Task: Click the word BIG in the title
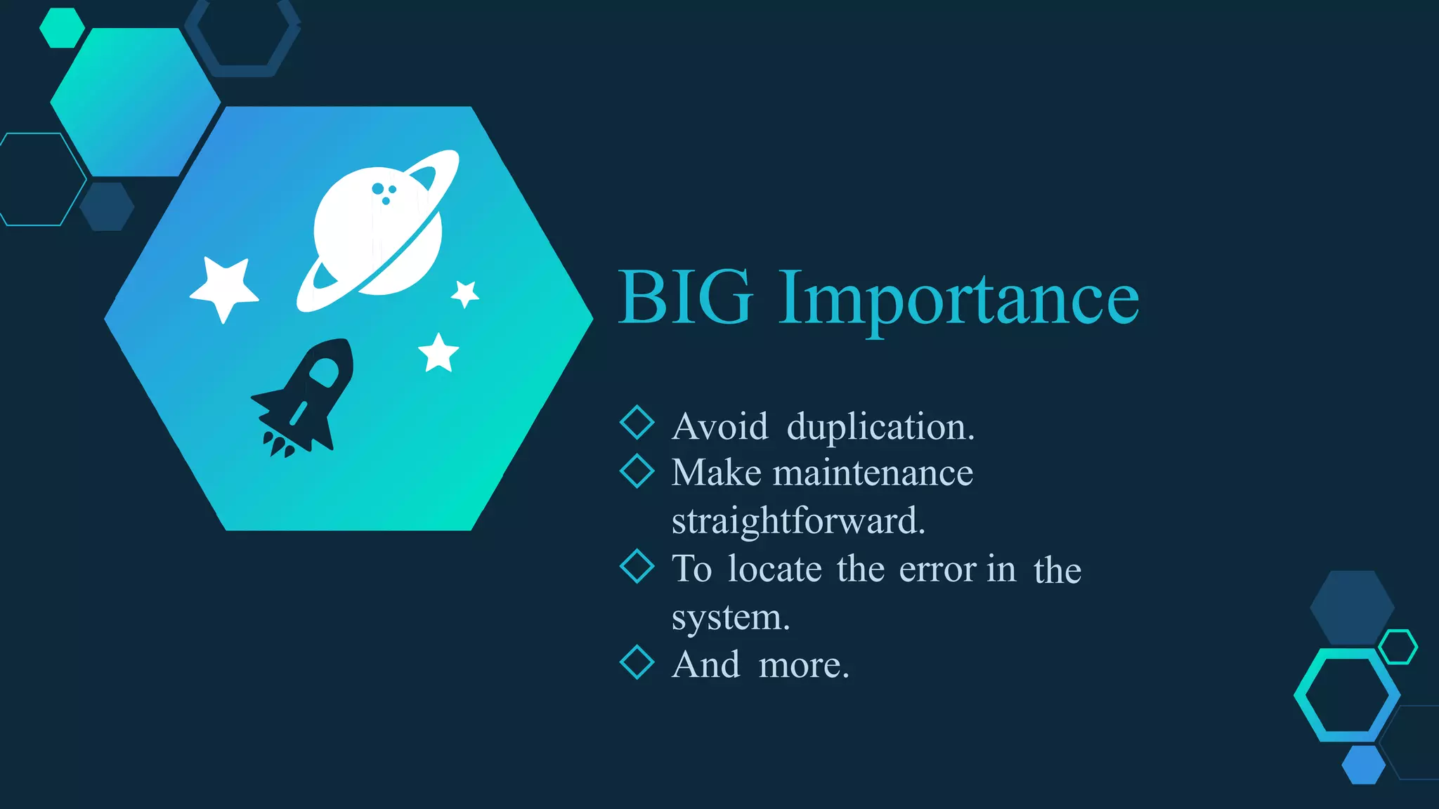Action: pyautogui.click(x=686, y=298)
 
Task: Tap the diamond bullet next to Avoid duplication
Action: pyautogui.click(x=637, y=422)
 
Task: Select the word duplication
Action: pyautogui.click(x=880, y=427)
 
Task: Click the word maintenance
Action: pyautogui.click(x=873, y=473)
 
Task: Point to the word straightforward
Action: pyautogui.click(x=798, y=521)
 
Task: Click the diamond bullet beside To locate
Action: pyautogui.click(x=637, y=566)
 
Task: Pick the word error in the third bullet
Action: pyautogui.click(x=937, y=570)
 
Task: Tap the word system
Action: pyautogui.click(x=730, y=617)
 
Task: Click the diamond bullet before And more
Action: pyautogui.click(x=637, y=662)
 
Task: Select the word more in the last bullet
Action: pyautogui.click(x=803, y=665)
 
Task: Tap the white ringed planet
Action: pyautogui.click(x=378, y=232)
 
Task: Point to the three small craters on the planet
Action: pyautogui.click(x=384, y=192)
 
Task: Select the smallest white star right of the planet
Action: pyautogui.click(x=465, y=293)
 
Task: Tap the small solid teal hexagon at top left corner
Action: pyautogui.click(x=62, y=28)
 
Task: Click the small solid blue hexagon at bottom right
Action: pyautogui.click(x=1363, y=765)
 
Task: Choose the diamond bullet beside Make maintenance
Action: pyautogui.click(x=637, y=471)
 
